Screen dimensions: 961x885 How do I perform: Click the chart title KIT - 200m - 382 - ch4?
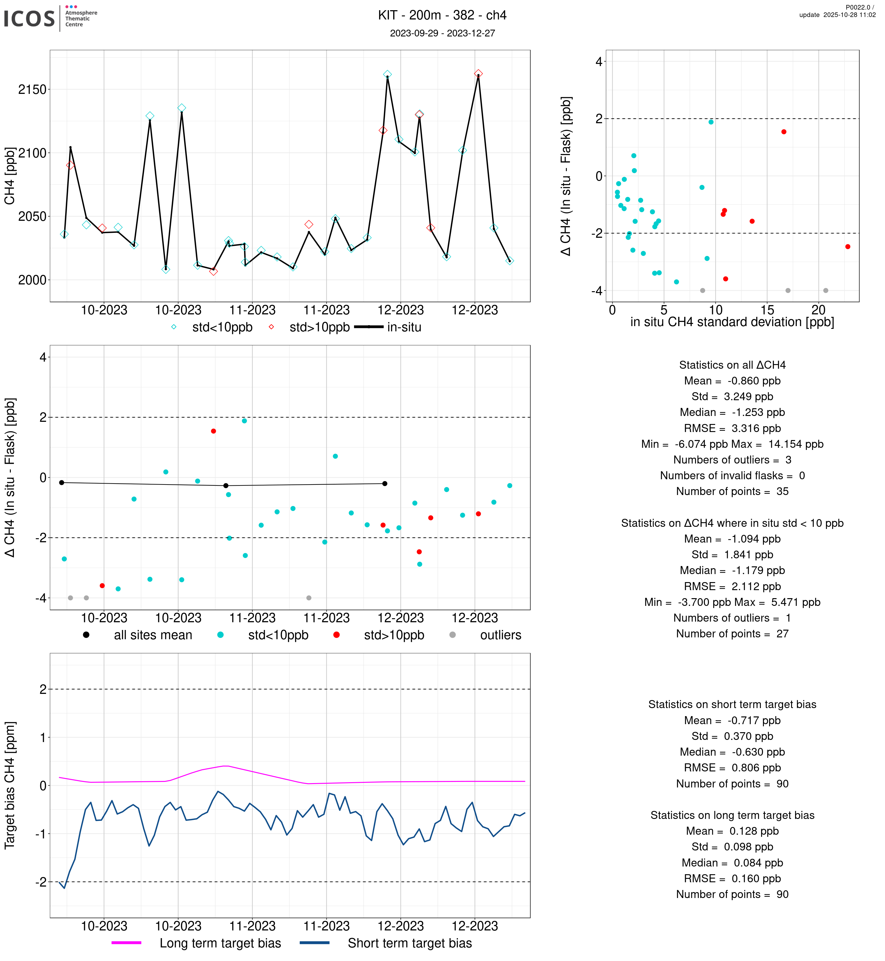[442, 15]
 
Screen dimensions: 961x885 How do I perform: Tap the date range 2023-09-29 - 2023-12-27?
[442, 33]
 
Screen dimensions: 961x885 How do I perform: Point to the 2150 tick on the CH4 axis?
[32, 90]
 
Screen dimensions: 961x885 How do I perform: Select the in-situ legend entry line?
[369, 327]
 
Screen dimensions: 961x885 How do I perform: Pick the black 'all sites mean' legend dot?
[86, 635]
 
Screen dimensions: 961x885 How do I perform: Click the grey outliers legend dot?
[453, 635]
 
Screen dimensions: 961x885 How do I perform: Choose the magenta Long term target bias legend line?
[126, 942]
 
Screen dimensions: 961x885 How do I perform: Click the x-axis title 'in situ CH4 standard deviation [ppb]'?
[732, 322]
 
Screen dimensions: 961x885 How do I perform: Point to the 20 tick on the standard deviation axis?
[819, 310]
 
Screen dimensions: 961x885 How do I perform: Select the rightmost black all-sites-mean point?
[385, 484]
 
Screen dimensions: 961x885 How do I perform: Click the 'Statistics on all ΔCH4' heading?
[732, 365]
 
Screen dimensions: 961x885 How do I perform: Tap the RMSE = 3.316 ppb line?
[732, 428]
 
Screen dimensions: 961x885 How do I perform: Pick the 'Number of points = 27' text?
[732, 633]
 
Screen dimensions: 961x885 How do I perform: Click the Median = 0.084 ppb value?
[732, 862]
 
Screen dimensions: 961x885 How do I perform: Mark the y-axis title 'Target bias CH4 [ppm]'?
[10, 785]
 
